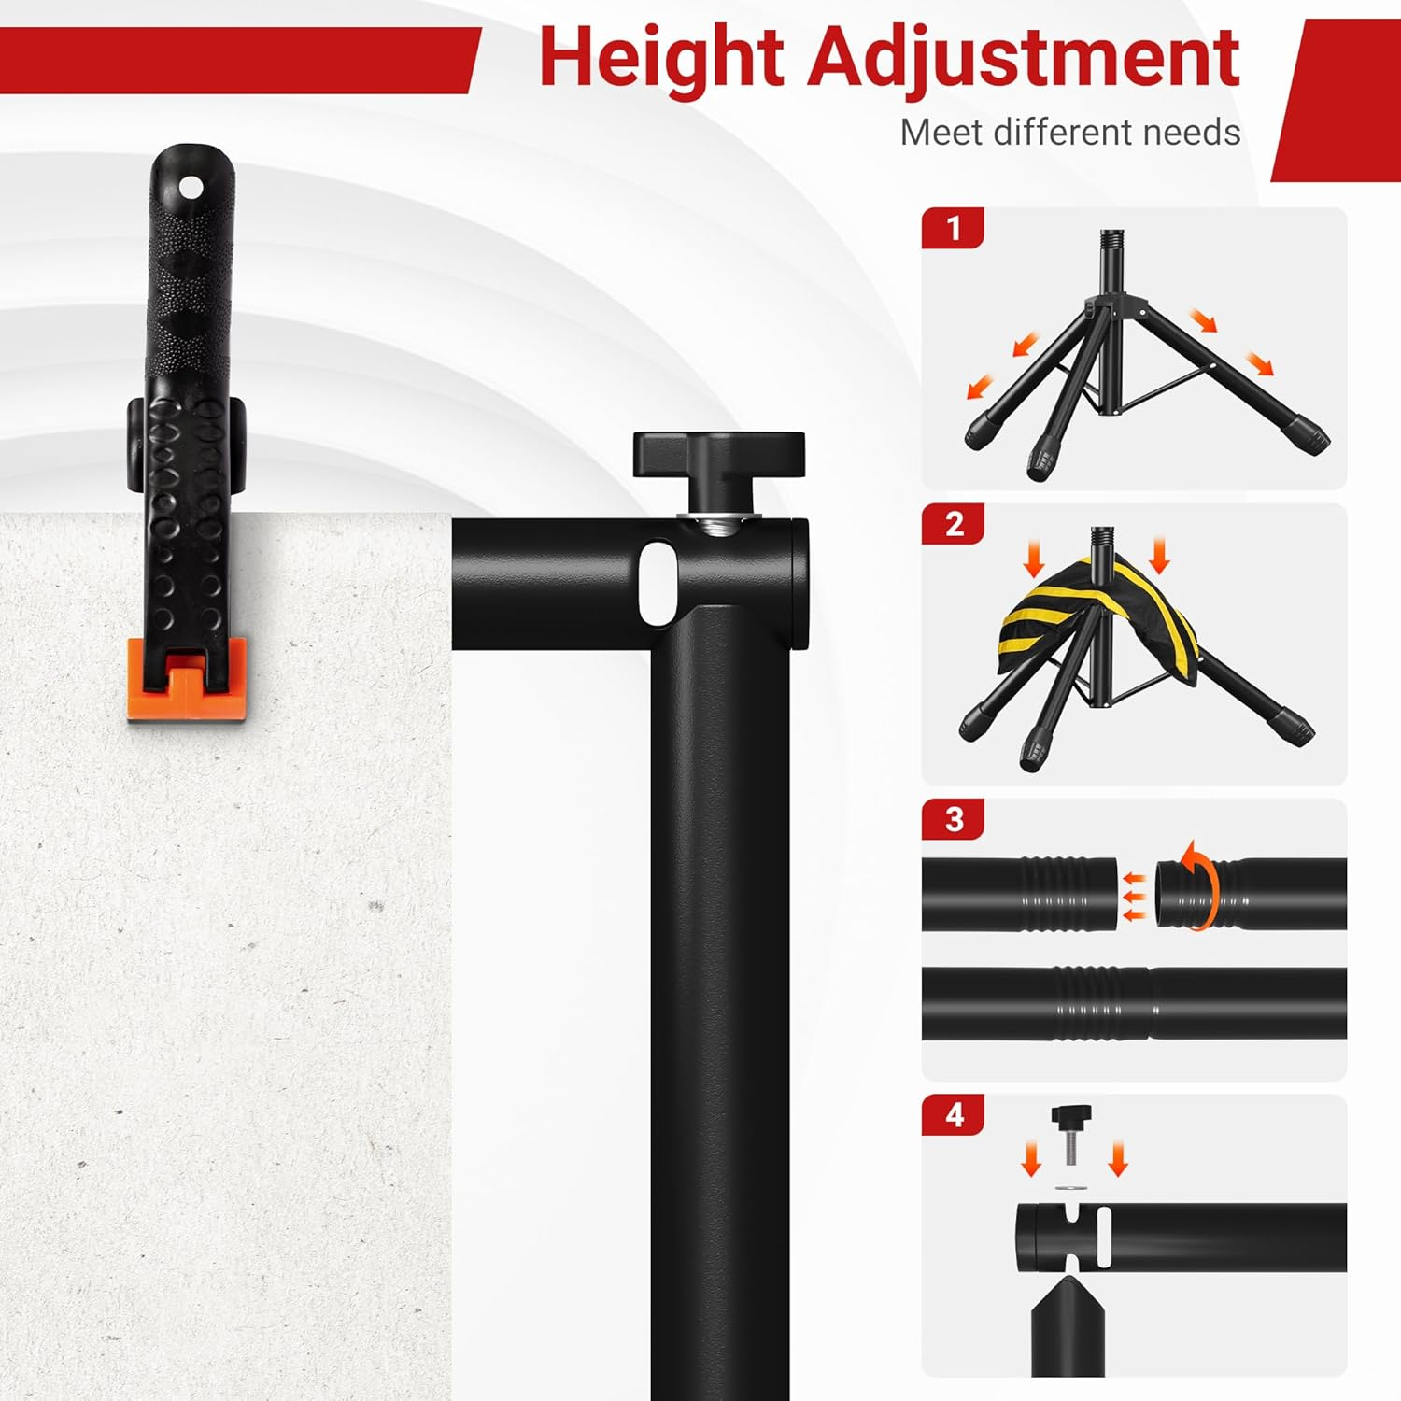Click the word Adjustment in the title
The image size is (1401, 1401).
pyautogui.click(x=1024, y=58)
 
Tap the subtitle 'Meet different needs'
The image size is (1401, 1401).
pyautogui.click(x=1070, y=133)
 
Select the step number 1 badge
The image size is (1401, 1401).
pyautogui.click(x=953, y=228)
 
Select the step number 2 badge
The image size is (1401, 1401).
pyautogui.click(x=953, y=524)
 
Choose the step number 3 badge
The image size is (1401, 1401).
pyautogui.click(x=953, y=819)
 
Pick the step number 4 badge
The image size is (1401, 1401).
pyautogui.click(x=953, y=1115)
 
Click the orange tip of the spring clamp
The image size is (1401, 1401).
pyautogui.click(x=187, y=679)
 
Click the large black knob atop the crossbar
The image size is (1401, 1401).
pyautogui.click(x=718, y=455)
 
